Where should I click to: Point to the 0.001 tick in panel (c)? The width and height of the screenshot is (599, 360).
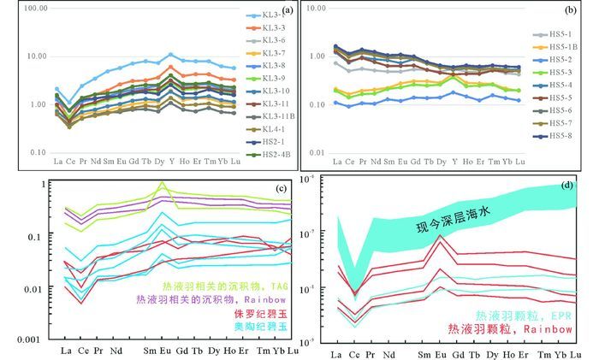tap(28, 339)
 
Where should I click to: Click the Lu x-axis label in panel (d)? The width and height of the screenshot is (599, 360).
tap(578, 353)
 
